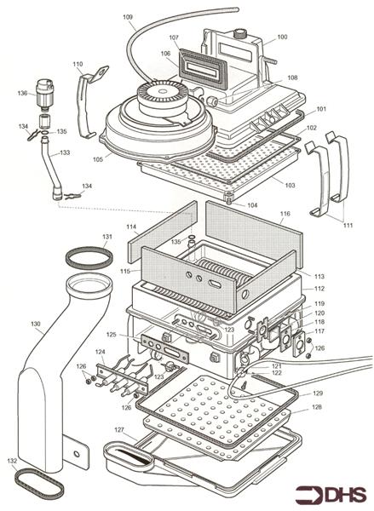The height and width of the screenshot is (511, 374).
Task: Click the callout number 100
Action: (282, 37)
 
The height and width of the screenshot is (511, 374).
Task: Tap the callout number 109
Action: (128, 18)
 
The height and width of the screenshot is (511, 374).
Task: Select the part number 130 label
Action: (35, 324)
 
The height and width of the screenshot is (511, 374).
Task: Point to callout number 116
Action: (285, 214)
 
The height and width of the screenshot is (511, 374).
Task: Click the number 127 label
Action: (120, 430)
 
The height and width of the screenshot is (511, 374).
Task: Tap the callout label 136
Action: (22, 93)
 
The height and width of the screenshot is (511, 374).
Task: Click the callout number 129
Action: (317, 393)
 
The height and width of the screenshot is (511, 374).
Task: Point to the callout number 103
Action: (290, 185)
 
